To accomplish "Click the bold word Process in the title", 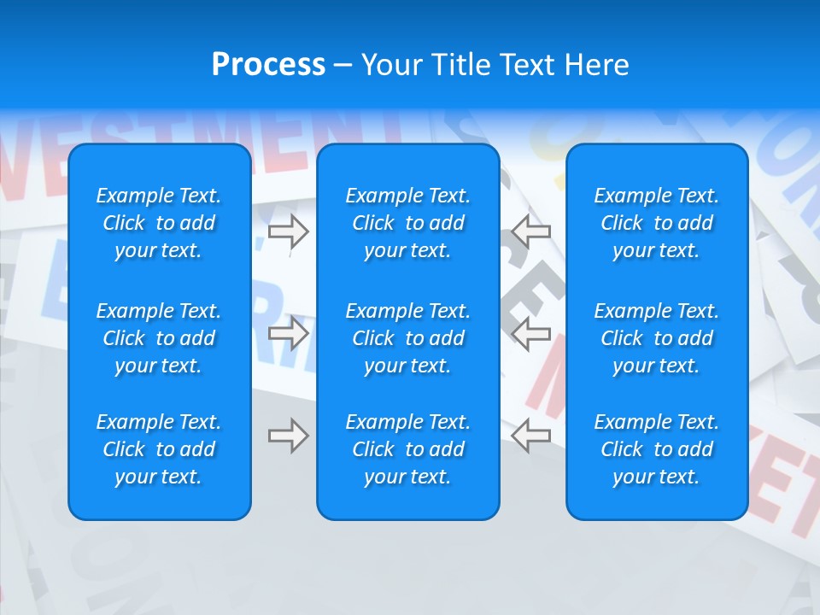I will click(268, 65).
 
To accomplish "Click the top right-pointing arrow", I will click(289, 231).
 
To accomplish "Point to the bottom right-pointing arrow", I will click(289, 436).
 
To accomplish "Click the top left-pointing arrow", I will click(531, 231).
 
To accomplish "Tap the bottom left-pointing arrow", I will click(531, 436).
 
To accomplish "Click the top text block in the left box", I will click(159, 223).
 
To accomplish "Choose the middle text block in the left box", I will click(159, 338).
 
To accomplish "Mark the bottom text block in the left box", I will click(159, 449).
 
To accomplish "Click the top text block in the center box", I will click(408, 223).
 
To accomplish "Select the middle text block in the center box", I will click(408, 338).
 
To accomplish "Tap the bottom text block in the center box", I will click(408, 449).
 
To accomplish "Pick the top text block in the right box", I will click(657, 223).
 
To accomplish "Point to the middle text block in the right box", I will click(657, 338).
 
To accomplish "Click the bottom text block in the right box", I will click(657, 449).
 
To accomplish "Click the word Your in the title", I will click(389, 65).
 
